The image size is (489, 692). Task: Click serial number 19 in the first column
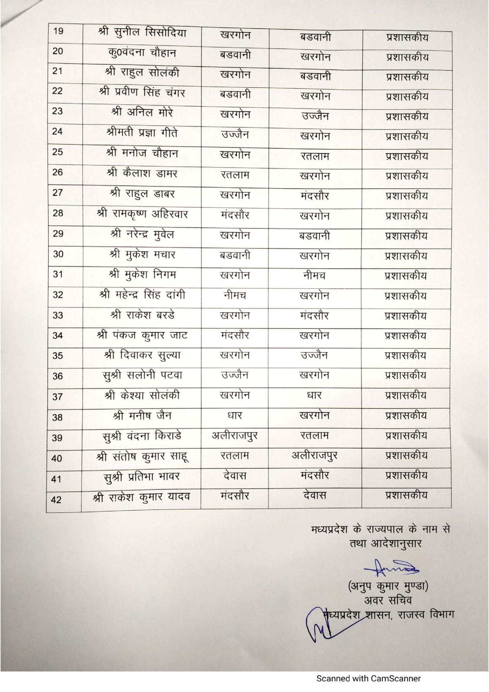click(x=58, y=31)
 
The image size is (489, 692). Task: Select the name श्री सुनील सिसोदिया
click(x=142, y=33)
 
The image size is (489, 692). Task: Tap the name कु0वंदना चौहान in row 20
click(x=142, y=53)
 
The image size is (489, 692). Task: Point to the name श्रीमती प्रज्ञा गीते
click(x=142, y=133)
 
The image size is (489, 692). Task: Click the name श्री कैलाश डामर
click(x=142, y=173)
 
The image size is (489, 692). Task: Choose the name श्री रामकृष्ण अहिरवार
click(x=142, y=214)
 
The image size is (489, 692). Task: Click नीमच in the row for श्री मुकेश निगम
click(x=314, y=276)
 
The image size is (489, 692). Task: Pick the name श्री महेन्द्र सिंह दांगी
click(x=142, y=295)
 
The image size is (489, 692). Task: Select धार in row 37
click(x=314, y=395)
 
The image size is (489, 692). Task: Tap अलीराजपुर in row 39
click(x=235, y=436)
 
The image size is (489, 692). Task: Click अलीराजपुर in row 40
click(x=314, y=456)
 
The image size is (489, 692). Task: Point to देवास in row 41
click(x=235, y=476)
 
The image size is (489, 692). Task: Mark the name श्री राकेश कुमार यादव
click(x=141, y=497)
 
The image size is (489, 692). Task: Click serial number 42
click(x=57, y=500)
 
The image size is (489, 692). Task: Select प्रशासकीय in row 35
click(x=406, y=355)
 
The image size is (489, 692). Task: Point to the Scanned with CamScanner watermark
click(x=368, y=679)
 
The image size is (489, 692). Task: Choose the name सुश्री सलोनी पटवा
click(x=142, y=375)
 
